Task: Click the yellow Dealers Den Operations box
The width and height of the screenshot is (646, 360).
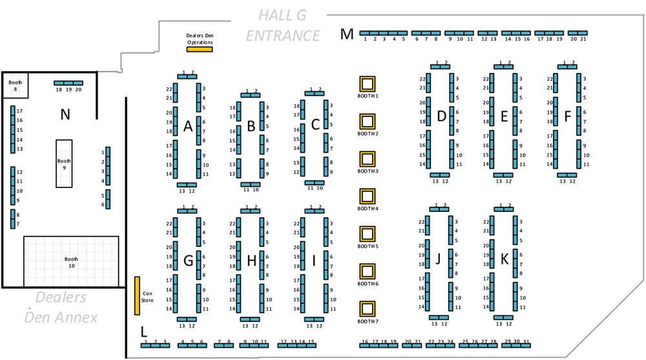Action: click(x=199, y=49)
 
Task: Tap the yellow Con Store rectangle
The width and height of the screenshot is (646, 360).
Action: click(x=137, y=295)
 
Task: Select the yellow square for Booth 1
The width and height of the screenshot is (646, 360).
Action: click(x=368, y=83)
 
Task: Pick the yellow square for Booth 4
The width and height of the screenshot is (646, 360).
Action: click(x=368, y=196)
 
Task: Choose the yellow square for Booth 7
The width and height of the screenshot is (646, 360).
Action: click(x=368, y=308)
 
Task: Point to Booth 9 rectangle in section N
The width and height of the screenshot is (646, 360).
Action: click(x=64, y=163)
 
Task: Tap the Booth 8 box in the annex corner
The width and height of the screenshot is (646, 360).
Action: click(x=15, y=85)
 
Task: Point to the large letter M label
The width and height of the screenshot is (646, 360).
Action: click(x=348, y=34)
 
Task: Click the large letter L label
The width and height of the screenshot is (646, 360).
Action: click(x=143, y=332)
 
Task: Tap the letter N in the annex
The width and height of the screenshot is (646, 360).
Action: click(x=65, y=115)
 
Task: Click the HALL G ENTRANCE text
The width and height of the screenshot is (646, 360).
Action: click(x=282, y=26)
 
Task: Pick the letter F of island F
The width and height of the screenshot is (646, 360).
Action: click(x=567, y=117)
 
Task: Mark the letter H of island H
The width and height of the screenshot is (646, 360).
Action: click(x=251, y=260)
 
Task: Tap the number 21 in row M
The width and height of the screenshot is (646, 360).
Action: click(x=583, y=39)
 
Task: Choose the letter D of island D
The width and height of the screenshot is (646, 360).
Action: click(x=441, y=116)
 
